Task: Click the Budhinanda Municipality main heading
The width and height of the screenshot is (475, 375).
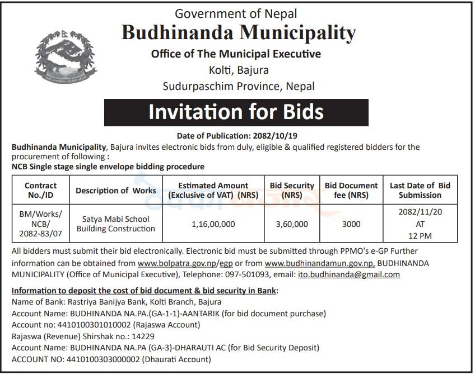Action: point(239,33)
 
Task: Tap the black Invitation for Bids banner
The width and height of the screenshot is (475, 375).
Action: point(236,112)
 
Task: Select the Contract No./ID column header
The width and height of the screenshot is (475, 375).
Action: point(41,190)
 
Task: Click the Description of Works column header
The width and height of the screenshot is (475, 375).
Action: point(116,191)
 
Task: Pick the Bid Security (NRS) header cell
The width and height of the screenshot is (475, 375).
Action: point(292,190)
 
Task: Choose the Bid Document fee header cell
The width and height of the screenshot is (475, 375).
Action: point(351,190)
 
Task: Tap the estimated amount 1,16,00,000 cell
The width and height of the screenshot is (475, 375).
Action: point(213,224)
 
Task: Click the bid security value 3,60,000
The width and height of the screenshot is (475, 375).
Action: point(292,224)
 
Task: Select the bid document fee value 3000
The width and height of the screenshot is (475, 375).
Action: point(351,224)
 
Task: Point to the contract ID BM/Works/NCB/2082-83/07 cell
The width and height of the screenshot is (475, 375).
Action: point(41,224)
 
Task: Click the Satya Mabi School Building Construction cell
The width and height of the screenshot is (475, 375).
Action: point(116,224)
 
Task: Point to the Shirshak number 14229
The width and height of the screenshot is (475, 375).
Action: point(143,336)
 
